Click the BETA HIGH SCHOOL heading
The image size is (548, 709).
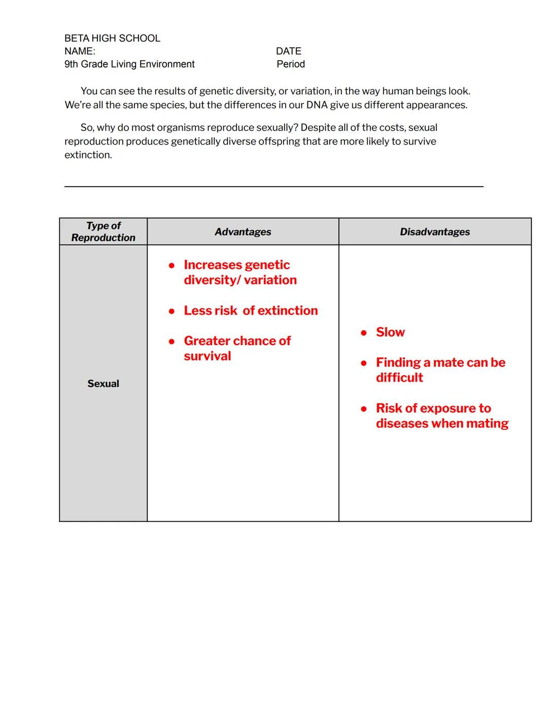click(112, 39)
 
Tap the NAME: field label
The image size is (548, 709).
click(80, 51)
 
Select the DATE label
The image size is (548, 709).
click(288, 51)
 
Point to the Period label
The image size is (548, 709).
click(290, 64)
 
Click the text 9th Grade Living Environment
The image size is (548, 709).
click(129, 64)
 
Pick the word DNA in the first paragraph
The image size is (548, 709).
click(317, 105)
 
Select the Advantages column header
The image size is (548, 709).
click(243, 232)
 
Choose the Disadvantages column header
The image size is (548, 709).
click(434, 232)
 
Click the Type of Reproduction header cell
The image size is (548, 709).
click(103, 231)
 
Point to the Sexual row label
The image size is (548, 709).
click(103, 384)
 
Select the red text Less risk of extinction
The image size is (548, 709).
click(251, 311)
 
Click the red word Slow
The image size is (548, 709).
click(390, 332)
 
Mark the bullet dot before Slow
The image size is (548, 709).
click(364, 333)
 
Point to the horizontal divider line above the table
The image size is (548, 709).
click(273, 187)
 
